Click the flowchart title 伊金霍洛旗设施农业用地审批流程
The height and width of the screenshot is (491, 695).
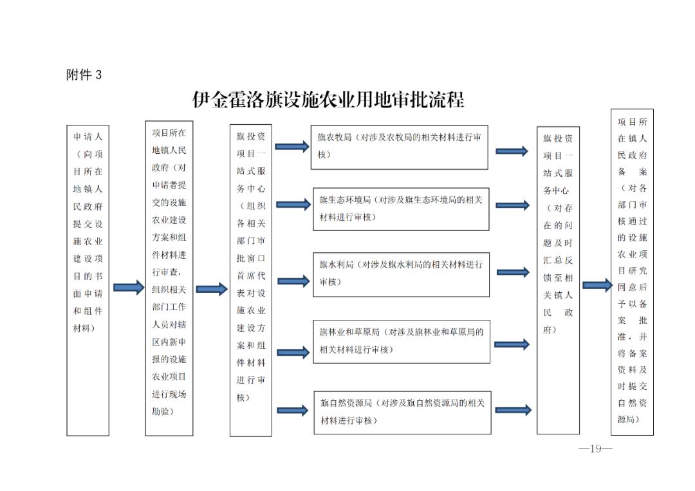point(328,100)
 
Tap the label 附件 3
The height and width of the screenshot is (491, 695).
point(84,75)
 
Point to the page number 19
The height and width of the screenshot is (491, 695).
point(595,449)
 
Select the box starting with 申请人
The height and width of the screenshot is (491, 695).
point(88,280)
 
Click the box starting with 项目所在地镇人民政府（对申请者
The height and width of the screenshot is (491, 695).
point(169,278)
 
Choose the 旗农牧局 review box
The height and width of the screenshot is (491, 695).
point(400,147)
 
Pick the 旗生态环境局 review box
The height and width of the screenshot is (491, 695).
point(401,209)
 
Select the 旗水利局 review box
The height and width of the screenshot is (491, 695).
point(401,275)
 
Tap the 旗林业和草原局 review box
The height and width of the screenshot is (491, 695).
point(402,342)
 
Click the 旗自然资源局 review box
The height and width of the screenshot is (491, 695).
point(402,412)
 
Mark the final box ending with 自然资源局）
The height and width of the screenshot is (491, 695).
point(632,272)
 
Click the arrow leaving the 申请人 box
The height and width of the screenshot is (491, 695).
point(129,288)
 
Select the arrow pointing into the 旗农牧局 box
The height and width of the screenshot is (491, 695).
point(292,146)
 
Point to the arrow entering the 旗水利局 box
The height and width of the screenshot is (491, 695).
point(293,281)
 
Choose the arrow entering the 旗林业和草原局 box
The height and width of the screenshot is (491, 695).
point(293,353)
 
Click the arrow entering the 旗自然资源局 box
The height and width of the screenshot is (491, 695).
point(293,411)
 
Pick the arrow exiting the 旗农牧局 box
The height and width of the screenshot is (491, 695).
point(512,152)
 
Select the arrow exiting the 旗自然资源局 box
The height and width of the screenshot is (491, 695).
point(514,410)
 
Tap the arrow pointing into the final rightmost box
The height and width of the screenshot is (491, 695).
point(597,285)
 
